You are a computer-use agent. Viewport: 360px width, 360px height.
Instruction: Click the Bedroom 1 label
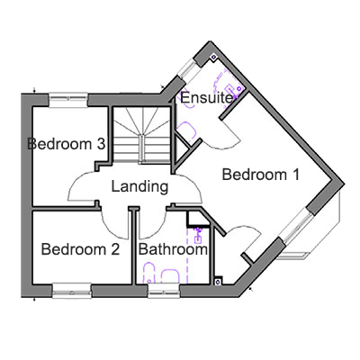pyautogui.click(x=261, y=175)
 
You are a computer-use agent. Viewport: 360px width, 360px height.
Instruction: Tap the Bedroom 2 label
pyautogui.click(x=80, y=249)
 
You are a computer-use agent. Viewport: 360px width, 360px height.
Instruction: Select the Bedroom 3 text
pyautogui.click(x=67, y=144)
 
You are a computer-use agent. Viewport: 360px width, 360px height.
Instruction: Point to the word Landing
pyautogui.click(x=139, y=187)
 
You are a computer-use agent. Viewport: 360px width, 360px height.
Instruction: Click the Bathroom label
pyautogui.click(x=173, y=249)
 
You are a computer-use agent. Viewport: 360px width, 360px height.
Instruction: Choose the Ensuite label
pyautogui.click(x=206, y=98)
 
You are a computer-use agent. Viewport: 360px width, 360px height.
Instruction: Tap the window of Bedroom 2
pyautogui.click(x=72, y=292)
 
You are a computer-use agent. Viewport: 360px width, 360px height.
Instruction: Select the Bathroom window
pyautogui.click(x=164, y=292)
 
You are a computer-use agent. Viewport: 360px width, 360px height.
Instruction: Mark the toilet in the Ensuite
pyautogui.click(x=186, y=130)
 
